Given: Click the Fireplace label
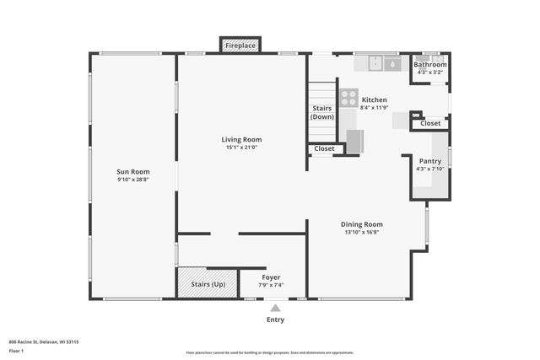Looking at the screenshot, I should (x=240, y=46).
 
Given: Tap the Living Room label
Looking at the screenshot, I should (x=241, y=139).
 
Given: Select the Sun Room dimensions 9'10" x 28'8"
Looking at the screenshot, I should (x=133, y=180).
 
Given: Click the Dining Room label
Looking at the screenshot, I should (x=362, y=224).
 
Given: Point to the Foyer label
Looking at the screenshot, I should (x=271, y=277).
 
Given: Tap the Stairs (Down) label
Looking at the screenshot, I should (x=321, y=113).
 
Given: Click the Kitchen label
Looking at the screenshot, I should (x=374, y=99).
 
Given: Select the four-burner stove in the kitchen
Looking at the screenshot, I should (x=348, y=98).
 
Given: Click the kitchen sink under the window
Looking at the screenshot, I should (x=391, y=64).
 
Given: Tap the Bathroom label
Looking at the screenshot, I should (x=430, y=64).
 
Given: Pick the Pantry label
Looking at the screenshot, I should (x=430, y=161).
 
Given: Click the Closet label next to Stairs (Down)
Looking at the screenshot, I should (x=324, y=149).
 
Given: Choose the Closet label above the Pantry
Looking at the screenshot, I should (x=430, y=123).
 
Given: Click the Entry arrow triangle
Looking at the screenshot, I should (x=275, y=309).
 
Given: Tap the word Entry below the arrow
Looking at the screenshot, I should (x=275, y=320).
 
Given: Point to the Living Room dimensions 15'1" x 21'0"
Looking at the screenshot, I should (x=241, y=148).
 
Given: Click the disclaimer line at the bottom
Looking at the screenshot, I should (x=269, y=352).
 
